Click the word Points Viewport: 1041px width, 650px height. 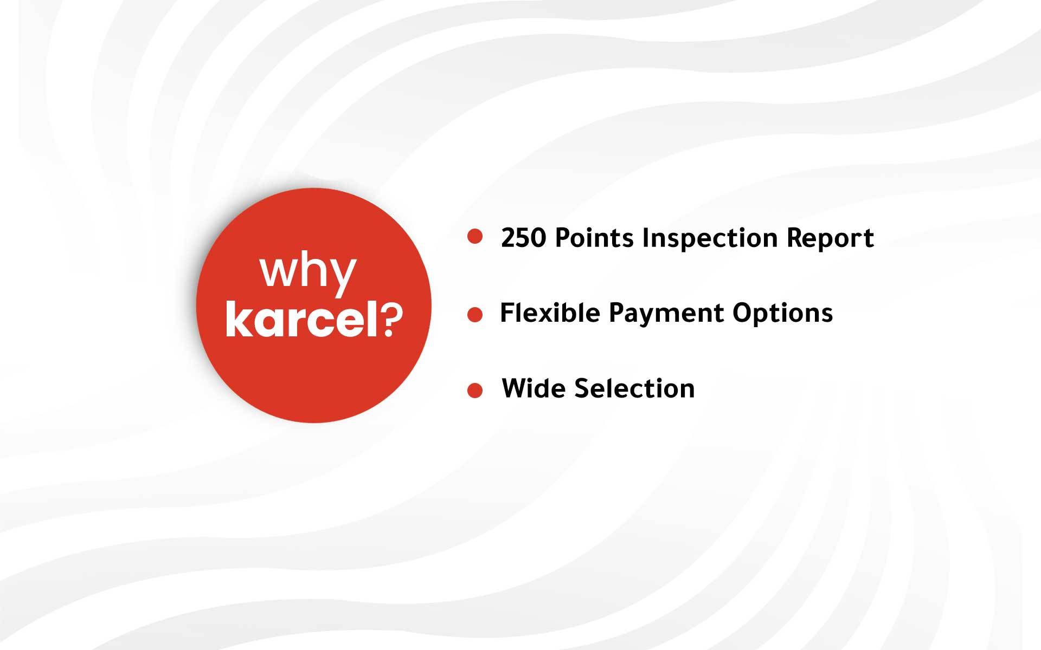point(594,238)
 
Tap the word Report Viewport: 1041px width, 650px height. point(830,239)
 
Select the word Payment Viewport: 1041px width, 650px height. point(666,314)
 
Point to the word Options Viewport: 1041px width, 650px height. point(782,314)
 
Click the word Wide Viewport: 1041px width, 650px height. point(534,388)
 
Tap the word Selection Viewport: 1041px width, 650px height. point(634,388)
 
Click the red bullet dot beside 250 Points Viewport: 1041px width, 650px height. point(475,236)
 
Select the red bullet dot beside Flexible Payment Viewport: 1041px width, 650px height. point(475,315)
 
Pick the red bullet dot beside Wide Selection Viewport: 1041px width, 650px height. point(475,391)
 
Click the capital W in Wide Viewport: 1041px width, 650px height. point(517,388)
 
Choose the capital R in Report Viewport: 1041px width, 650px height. point(795,238)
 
